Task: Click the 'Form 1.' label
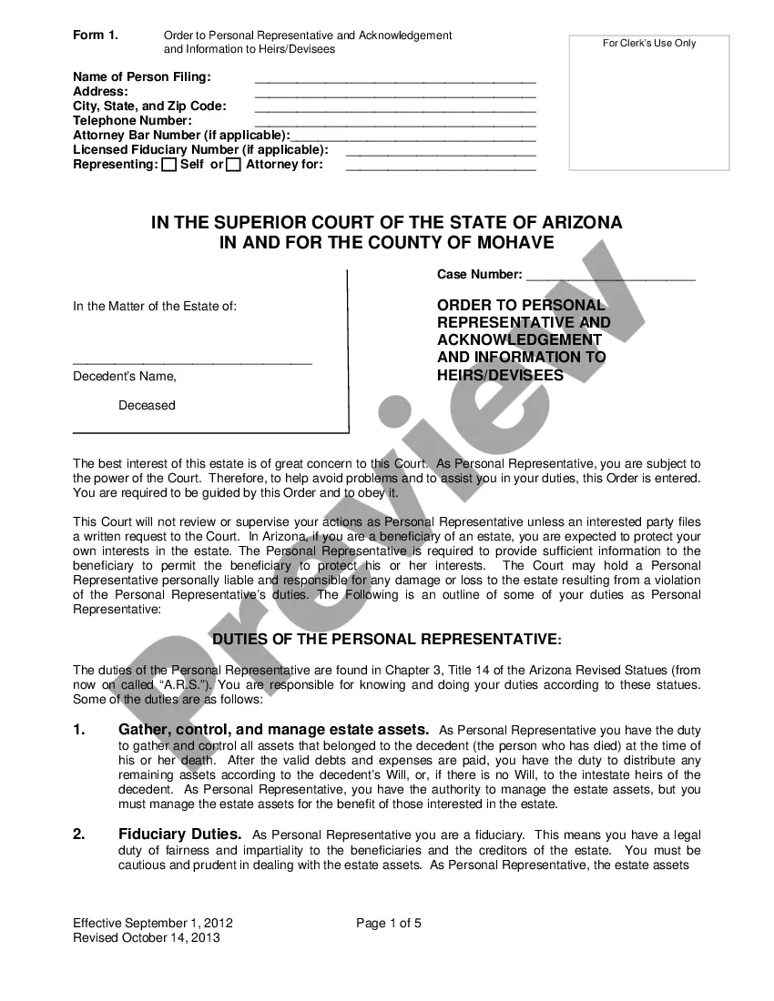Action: [x=95, y=35]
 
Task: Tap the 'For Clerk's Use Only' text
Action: [x=649, y=44]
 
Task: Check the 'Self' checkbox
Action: [x=168, y=165]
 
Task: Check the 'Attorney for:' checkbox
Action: [x=234, y=165]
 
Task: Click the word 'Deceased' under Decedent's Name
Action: [x=147, y=405]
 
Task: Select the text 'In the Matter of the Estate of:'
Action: [x=155, y=306]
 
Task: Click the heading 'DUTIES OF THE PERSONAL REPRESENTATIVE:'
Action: [x=387, y=640]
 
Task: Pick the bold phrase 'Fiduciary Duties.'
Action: [x=180, y=834]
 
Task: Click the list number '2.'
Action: [x=79, y=834]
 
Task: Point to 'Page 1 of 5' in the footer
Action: [x=389, y=924]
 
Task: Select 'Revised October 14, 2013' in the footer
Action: [x=147, y=938]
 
